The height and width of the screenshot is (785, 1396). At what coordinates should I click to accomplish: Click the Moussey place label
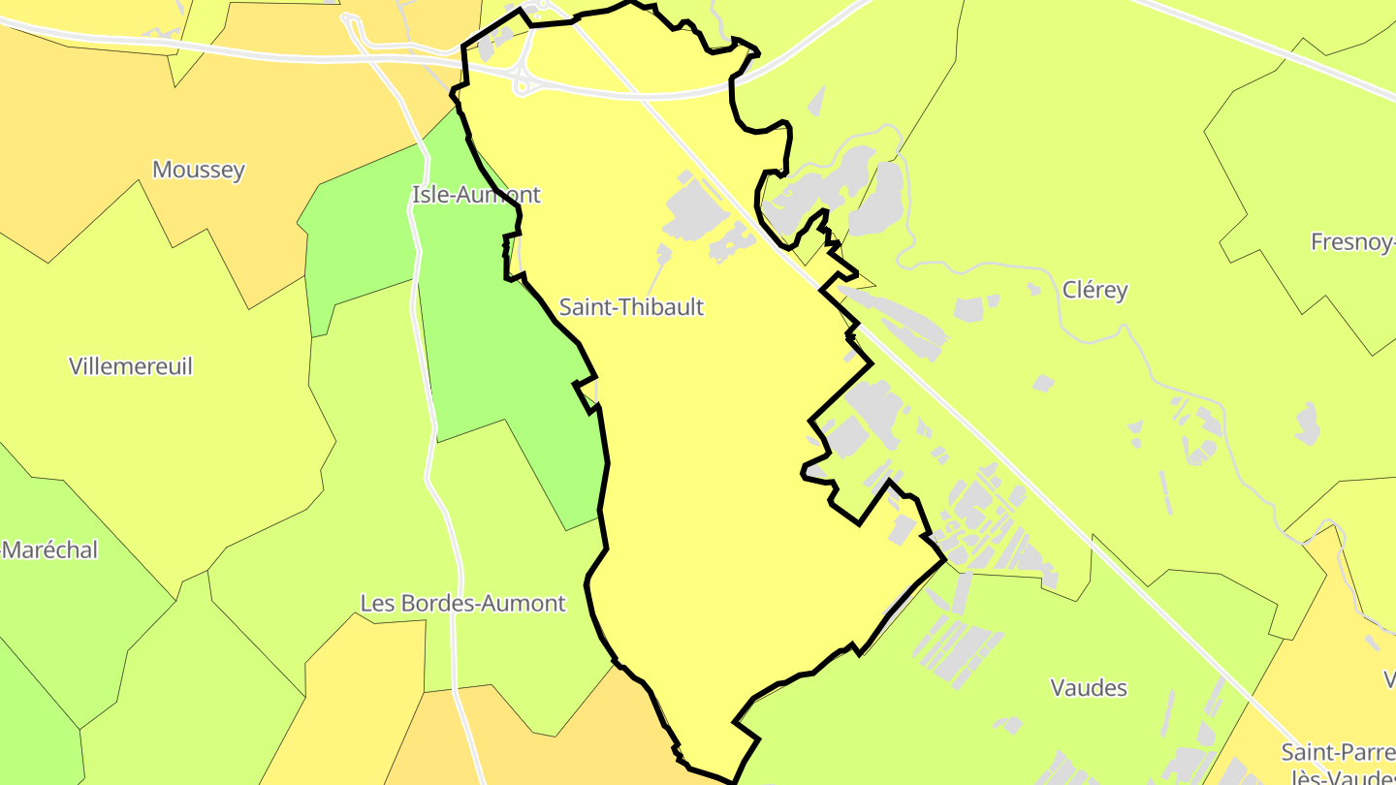[199, 170]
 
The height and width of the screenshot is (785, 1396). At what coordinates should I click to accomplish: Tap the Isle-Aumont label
[476, 194]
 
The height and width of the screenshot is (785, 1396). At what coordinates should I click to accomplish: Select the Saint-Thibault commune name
[631, 307]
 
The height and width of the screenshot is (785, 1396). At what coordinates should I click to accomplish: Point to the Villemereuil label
[131, 366]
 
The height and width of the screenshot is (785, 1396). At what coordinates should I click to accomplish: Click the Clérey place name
[1095, 289]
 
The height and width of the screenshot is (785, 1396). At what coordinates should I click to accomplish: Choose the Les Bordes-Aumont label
[462, 603]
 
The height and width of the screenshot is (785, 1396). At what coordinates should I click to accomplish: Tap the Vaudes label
[1089, 687]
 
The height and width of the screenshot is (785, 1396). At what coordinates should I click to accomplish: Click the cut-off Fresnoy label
[1352, 242]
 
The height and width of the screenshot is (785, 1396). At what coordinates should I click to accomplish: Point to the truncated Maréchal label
[50, 549]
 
